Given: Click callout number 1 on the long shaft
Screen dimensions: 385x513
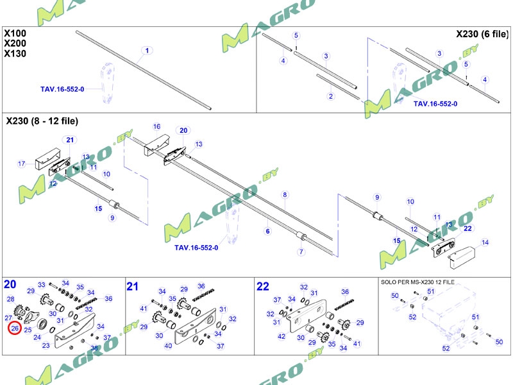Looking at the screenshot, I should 147,51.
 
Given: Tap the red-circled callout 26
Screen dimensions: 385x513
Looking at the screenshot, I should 15,329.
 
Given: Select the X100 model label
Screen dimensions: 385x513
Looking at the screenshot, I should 15,33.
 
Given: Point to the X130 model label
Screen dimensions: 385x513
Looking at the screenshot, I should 15,53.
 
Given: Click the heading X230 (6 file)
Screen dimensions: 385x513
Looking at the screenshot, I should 482,33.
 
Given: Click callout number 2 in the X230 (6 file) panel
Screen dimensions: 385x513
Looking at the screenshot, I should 331,96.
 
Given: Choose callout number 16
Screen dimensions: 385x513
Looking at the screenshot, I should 156,126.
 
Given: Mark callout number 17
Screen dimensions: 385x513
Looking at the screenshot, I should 21,164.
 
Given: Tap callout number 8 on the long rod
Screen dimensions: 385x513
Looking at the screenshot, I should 285,194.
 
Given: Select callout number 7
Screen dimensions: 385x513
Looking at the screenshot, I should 300,252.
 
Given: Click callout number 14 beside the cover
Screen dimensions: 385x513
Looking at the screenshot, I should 485,243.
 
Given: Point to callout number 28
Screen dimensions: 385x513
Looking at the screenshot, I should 10,299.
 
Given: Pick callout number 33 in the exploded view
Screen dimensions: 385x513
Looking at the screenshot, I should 42,285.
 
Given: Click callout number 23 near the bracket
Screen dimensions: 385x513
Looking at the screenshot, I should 46,346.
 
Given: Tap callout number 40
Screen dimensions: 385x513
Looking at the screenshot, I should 168,346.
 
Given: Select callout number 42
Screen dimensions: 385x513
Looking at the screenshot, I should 282,336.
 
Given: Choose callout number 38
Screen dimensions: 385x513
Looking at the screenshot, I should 94,348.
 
